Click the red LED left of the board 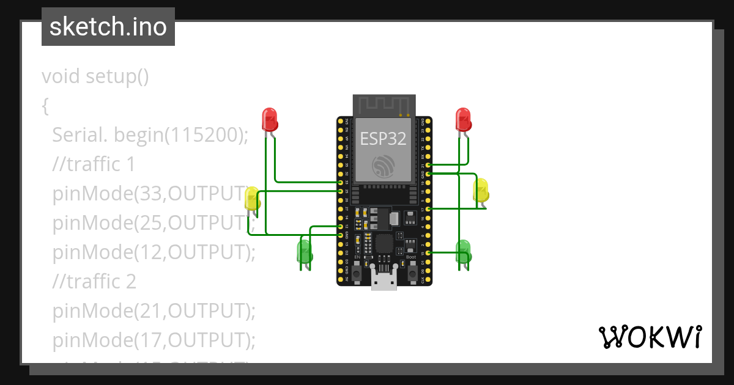tap(270, 119)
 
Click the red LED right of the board tap(464, 119)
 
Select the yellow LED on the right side tap(481, 190)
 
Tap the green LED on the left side tap(304, 252)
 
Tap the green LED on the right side tap(464, 251)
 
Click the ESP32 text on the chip tap(383, 139)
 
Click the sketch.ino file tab tap(108, 27)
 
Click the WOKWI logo tap(650, 337)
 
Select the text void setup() tap(95, 77)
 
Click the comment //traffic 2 tap(94, 281)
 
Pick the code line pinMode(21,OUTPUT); tap(153, 311)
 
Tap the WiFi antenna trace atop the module tap(384, 105)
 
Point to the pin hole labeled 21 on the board tap(428, 165)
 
